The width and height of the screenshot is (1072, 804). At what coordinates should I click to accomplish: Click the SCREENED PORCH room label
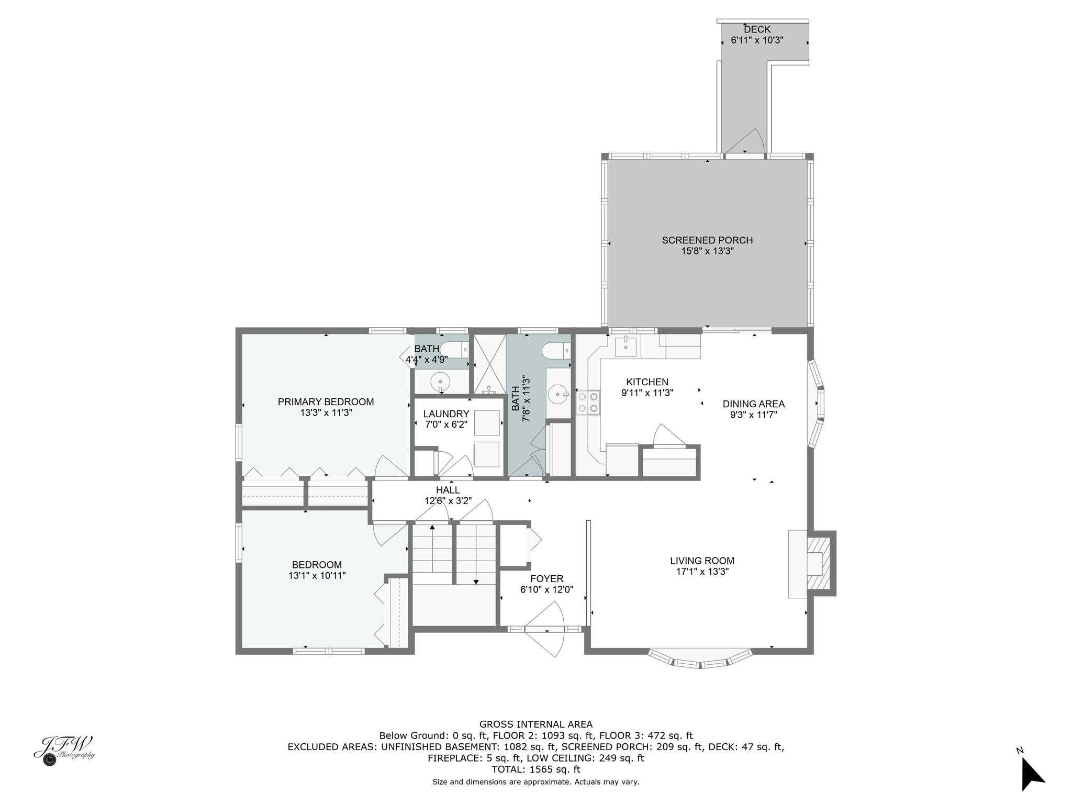point(707,240)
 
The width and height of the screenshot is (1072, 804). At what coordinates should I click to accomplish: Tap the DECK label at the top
point(757,29)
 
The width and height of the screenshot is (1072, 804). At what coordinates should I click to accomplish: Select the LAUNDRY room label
point(446,414)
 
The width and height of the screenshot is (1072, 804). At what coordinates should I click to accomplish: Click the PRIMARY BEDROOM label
point(326,402)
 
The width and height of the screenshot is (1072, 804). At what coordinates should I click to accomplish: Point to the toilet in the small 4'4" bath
point(454,348)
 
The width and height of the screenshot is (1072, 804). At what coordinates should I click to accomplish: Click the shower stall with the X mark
point(489,364)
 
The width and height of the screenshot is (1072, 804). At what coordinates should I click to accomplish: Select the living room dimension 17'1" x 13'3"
point(702,572)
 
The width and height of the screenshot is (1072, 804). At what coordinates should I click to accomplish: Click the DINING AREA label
point(754,404)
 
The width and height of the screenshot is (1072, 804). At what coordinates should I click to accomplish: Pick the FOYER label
point(546,579)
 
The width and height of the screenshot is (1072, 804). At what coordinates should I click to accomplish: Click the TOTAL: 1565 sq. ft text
point(536,769)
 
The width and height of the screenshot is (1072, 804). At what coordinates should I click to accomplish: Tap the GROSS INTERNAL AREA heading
point(536,724)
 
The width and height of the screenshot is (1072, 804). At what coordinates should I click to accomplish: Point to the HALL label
point(448,490)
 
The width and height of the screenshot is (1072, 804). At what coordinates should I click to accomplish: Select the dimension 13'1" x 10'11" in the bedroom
point(317,576)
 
